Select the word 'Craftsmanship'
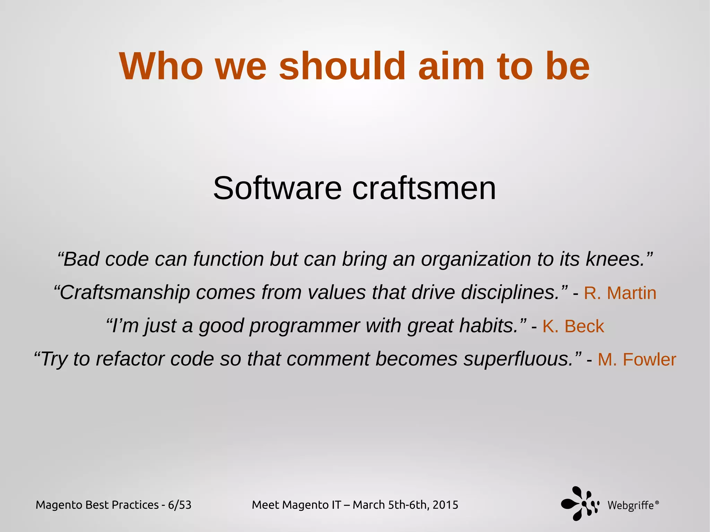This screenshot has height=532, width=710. pyautogui.click(x=125, y=293)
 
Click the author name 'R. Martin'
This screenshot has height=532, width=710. pyautogui.click(x=620, y=293)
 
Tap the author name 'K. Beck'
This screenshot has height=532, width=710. pyautogui.click(x=573, y=326)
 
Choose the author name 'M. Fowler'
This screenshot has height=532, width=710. pyautogui.click(x=637, y=360)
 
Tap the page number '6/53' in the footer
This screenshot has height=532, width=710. pyautogui.click(x=180, y=505)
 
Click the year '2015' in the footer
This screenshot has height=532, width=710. pyautogui.click(x=445, y=505)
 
